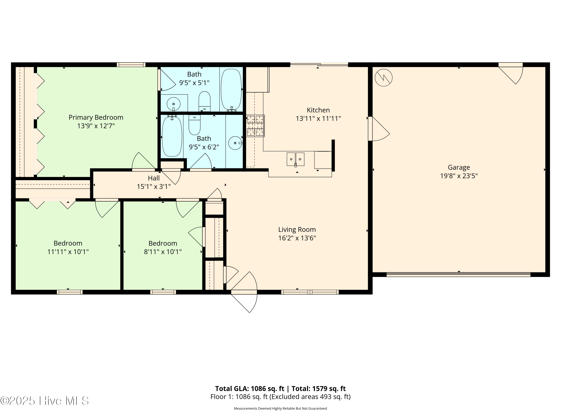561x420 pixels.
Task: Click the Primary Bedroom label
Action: click(96, 117)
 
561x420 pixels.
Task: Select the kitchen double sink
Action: click(295, 159)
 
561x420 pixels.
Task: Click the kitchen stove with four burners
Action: click(255, 126)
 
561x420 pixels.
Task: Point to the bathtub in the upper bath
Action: click(231, 89)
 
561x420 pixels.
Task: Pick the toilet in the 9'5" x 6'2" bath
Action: click(194, 125)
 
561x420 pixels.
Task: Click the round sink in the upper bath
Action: click(174, 104)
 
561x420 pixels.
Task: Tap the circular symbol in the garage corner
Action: click(384, 78)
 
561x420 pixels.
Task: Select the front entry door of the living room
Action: click(244, 292)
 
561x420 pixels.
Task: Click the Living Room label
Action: click(297, 230)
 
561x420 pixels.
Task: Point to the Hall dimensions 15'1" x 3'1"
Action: click(154, 187)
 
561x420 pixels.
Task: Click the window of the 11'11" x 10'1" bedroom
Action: click(70, 292)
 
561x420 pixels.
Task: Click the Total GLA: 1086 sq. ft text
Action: click(250, 389)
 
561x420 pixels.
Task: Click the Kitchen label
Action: click(318, 110)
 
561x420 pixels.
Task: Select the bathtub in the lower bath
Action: click(172, 136)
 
